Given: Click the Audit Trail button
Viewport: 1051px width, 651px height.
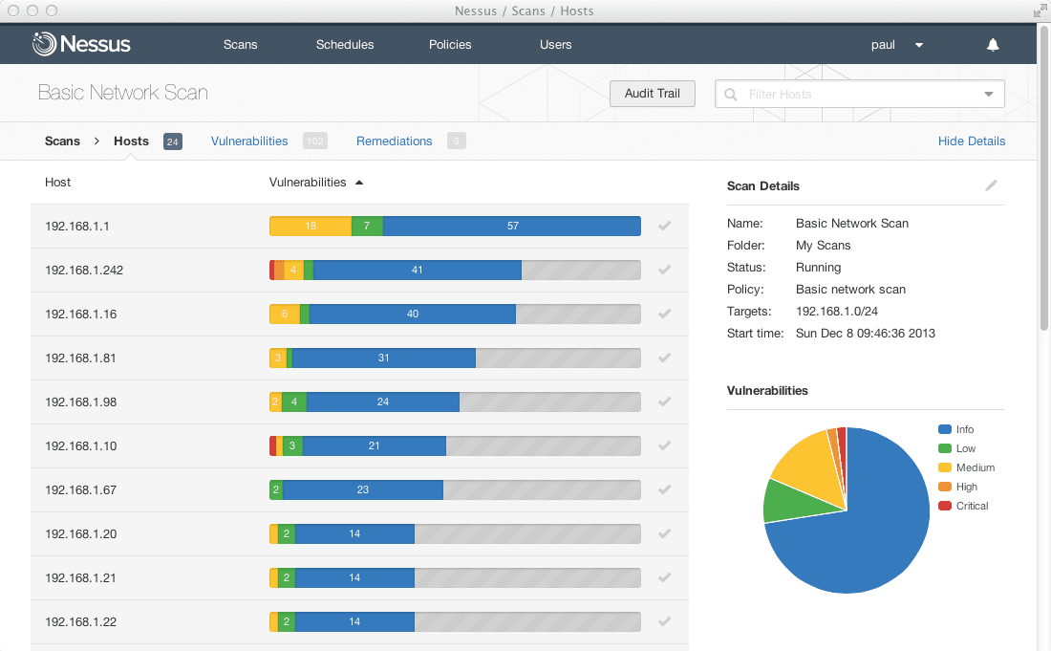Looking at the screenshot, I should pyautogui.click(x=653, y=94).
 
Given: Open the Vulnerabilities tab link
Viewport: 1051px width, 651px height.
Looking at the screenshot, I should pyautogui.click(x=249, y=141).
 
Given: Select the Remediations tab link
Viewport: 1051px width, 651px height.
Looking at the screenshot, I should pyautogui.click(x=394, y=141).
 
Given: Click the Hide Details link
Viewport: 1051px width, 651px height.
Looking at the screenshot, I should pyautogui.click(x=971, y=141).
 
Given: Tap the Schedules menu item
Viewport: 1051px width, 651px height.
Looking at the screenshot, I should pyautogui.click(x=345, y=44).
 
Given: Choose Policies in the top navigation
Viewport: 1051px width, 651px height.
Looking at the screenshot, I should pyautogui.click(x=450, y=44).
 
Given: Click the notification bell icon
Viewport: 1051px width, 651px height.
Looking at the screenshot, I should pyautogui.click(x=993, y=45).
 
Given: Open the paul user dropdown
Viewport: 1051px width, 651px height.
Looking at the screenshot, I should pyautogui.click(x=896, y=44).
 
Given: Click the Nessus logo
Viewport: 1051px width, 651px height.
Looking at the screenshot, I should pyautogui.click(x=81, y=44).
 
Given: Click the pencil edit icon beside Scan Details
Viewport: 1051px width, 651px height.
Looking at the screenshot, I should pyautogui.click(x=991, y=185).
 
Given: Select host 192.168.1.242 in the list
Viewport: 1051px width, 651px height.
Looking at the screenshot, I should pyautogui.click(x=84, y=270).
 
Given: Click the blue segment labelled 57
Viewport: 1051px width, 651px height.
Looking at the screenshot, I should pyautogui.click(x=512, y=226).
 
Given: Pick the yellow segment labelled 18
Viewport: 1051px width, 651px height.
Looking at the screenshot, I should pyautogui.click(x=311, y=226).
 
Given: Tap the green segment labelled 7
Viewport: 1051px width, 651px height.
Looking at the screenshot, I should pyautogui.click(x=367, y=226).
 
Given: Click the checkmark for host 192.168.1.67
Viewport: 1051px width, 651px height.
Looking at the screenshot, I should pyautogui.click(x=665, y=489).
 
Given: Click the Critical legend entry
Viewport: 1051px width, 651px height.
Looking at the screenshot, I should pyautogui.click(x=972, y=506).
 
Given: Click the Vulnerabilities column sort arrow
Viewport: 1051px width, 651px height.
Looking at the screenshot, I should pyautogui.click(x=359, y=183).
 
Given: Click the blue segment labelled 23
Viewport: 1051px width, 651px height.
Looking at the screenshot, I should pyautogui.click(x=363, y=489).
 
